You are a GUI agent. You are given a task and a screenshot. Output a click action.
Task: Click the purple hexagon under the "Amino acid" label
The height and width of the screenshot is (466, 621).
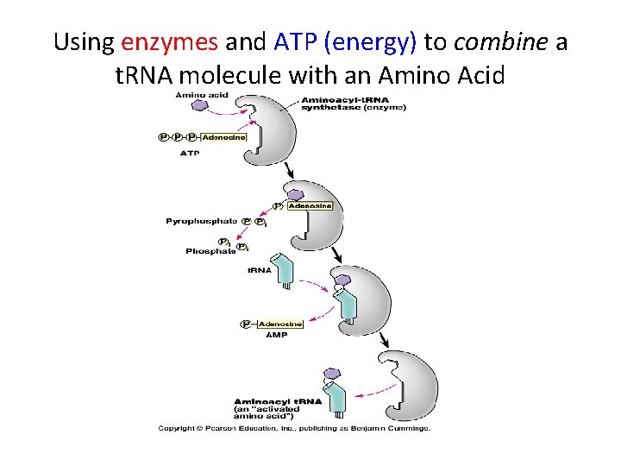[x=201, y=105]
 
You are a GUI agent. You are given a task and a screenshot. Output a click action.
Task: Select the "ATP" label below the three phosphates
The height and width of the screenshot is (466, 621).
[x=189, y=153]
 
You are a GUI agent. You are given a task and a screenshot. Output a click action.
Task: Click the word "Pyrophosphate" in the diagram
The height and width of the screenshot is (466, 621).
[x=201, y=222]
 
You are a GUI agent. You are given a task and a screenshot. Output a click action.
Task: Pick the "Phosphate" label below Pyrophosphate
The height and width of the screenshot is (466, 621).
[x=210, y=251]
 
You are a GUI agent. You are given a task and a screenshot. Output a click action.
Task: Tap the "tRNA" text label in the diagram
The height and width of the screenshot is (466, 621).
[x=260, y=270]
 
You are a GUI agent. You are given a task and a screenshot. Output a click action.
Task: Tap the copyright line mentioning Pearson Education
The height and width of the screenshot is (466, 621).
[x=293, y=428]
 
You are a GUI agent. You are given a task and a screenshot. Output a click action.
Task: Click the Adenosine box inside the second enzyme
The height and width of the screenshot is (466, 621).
[x=309, y=205]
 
